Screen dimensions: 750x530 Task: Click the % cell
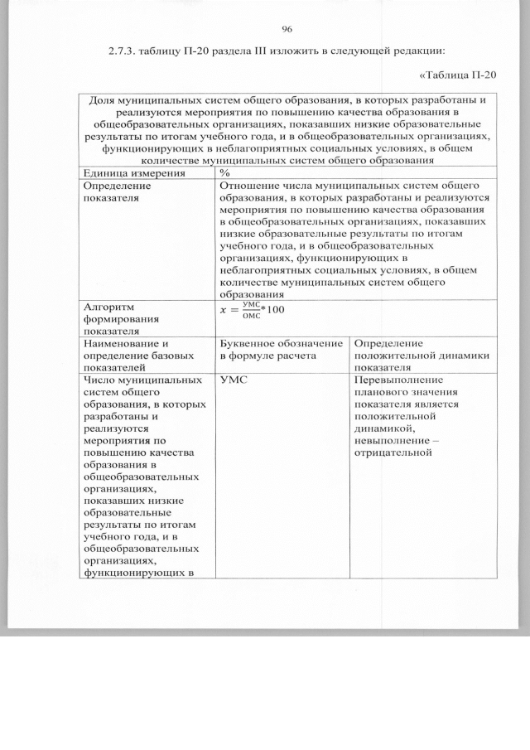click(x=224, y=172)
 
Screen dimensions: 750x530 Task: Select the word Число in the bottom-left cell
click(x=99, y=380)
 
